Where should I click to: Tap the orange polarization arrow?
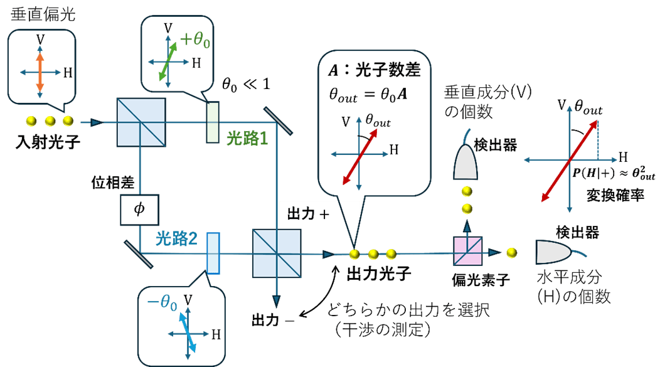[x=40, y=72]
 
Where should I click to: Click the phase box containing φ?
[x=140, y=208]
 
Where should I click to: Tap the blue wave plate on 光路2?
[x=213, y=253]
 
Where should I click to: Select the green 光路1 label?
[x=247, y=139]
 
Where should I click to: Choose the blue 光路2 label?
[x=177, y=238]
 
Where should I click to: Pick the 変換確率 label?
[x=617, y=195]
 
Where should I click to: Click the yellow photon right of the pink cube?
[x=512, y=252]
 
